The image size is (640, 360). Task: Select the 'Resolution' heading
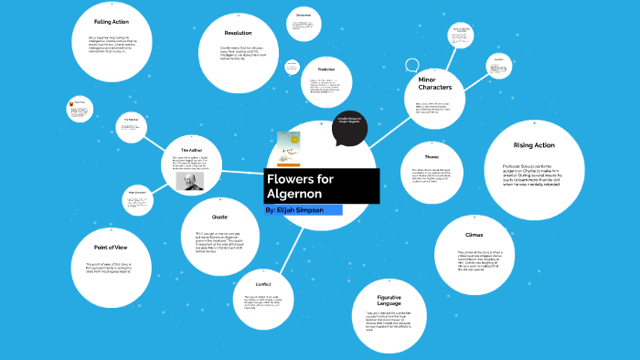tap(238, 33)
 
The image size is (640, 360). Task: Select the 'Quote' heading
tap(219, 217)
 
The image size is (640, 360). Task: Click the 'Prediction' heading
tap(326, 69)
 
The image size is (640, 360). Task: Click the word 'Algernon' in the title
tap(293, 195)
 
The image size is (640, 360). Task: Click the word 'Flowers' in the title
tap(293, 177)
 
